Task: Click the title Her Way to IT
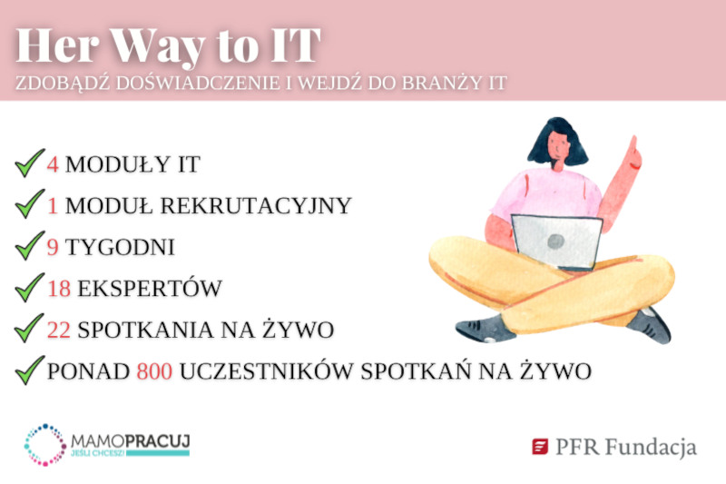click(169, 45)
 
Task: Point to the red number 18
click(60, 289)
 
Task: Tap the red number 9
click(53, 247)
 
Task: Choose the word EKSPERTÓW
click(150, 289)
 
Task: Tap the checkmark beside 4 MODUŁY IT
click(30, 163)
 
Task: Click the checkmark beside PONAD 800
click(30, 370)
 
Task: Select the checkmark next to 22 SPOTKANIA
click(30, 329)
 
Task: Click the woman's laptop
click(555, 242)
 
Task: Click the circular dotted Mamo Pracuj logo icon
click(44, 444)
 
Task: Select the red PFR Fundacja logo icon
click(540, 447)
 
